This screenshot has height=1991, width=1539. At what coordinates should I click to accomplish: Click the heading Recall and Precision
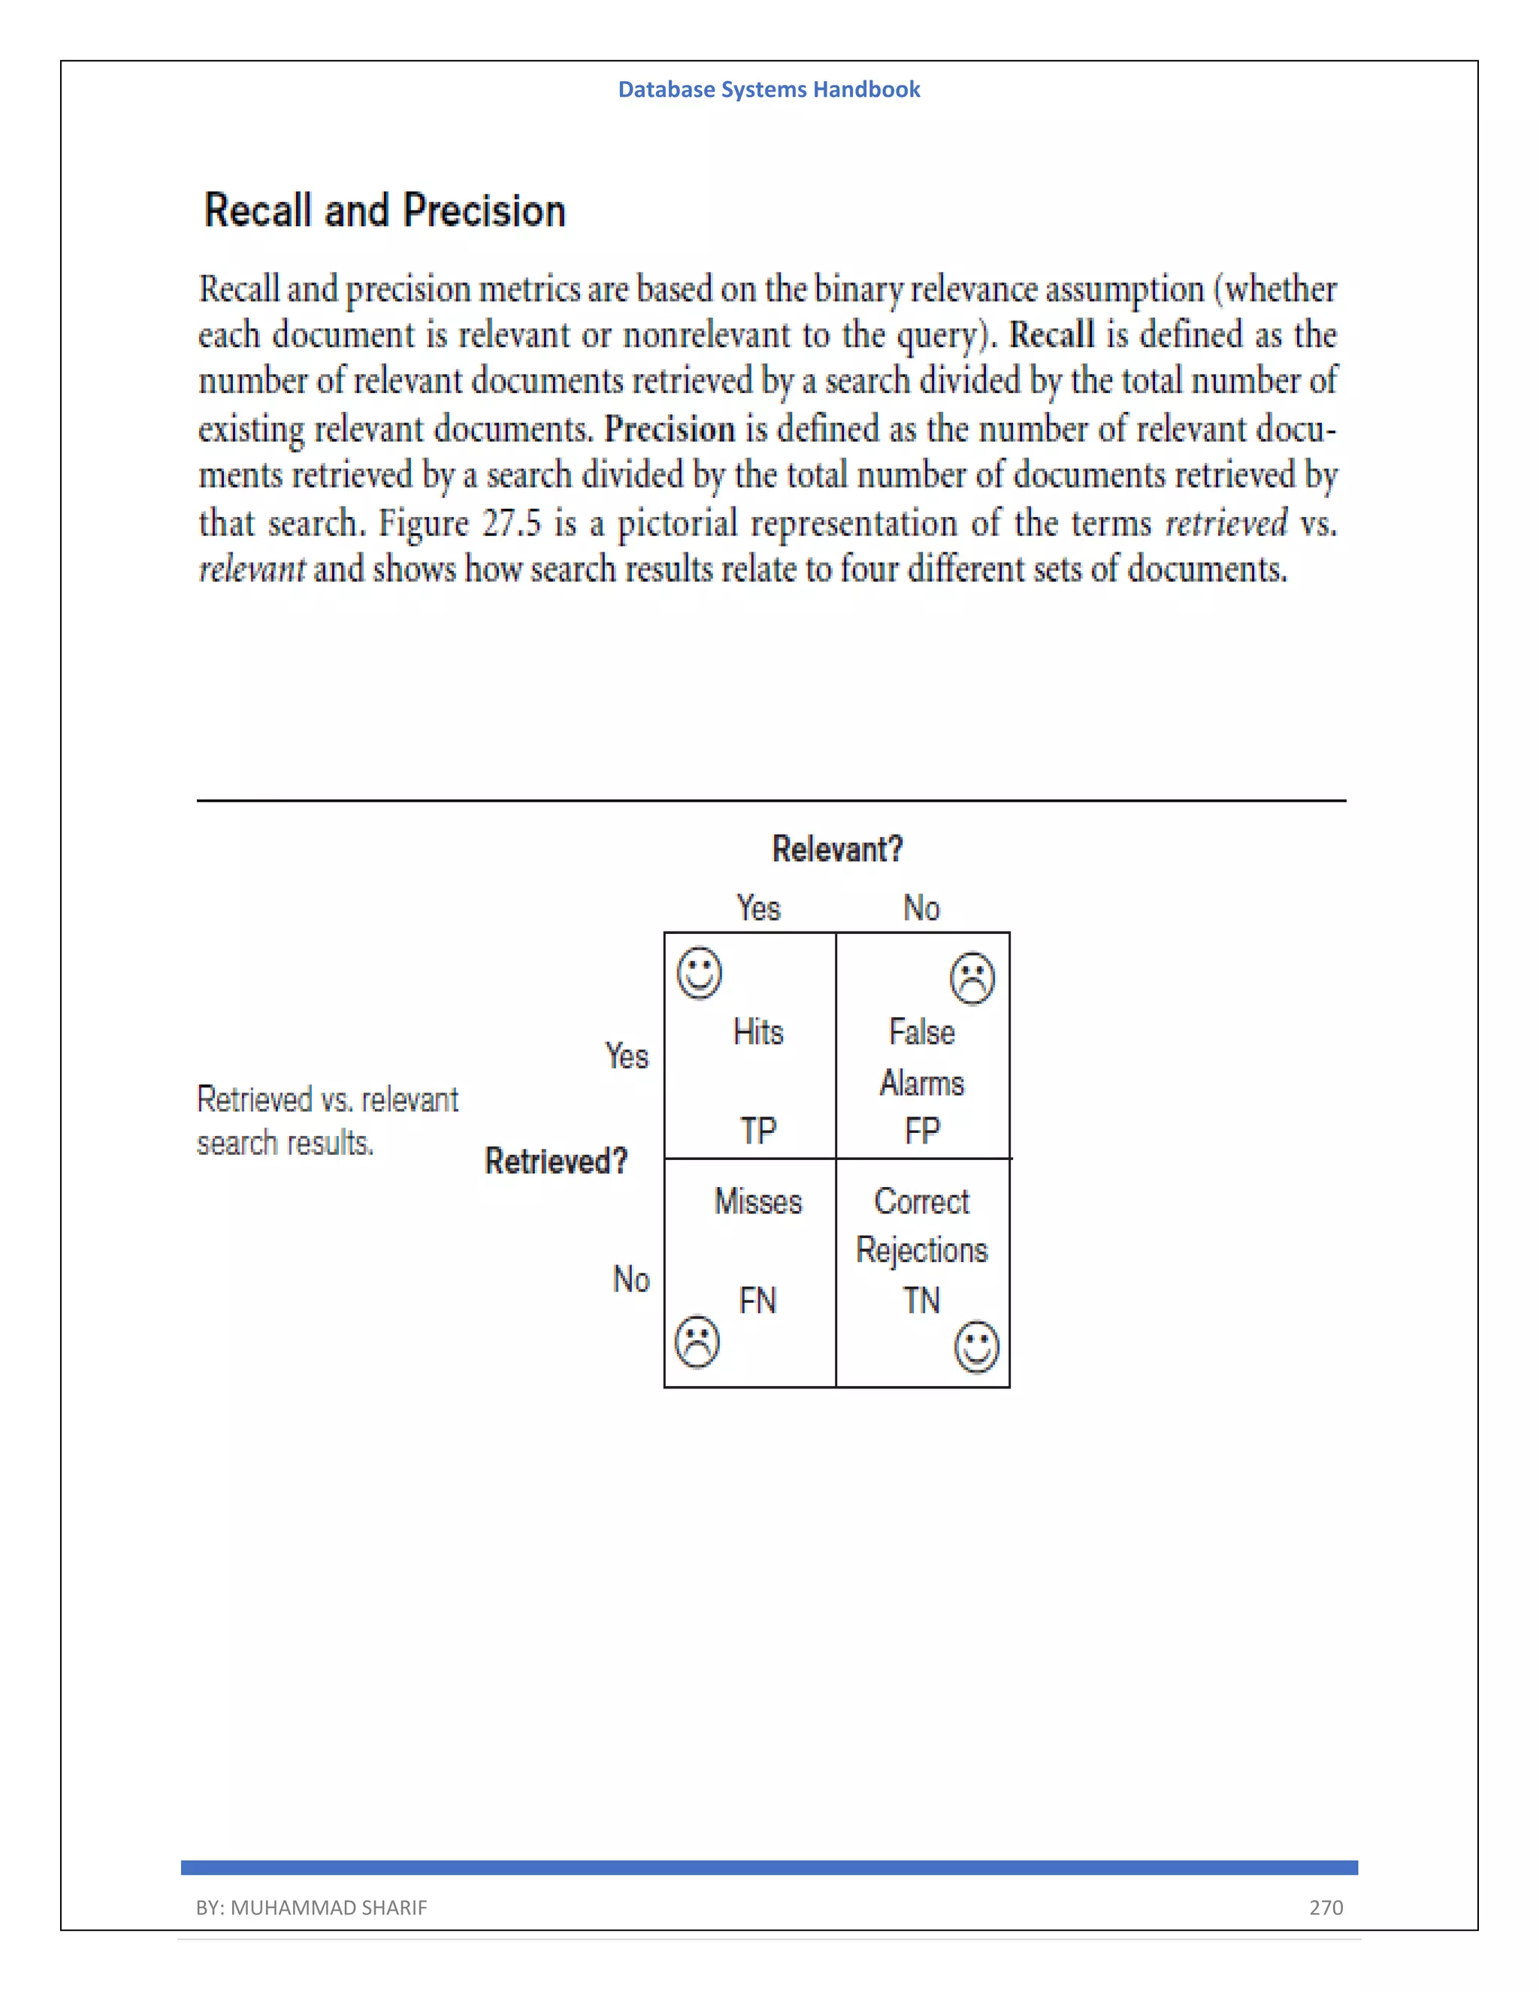click(385, 210)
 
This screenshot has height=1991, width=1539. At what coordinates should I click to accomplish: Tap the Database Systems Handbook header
click(769, 89)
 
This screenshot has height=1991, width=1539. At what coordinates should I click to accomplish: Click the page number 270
click(1326, 1907)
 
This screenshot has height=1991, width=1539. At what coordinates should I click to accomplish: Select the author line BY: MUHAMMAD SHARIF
click(311, 1907)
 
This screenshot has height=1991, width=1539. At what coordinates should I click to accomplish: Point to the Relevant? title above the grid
click(837, 849)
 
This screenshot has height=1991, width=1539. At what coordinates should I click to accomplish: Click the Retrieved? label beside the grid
click(556, 1161)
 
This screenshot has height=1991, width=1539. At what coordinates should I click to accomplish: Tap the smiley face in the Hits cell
click(700, 973)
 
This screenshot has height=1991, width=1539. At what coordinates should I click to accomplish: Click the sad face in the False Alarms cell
click(972, 978)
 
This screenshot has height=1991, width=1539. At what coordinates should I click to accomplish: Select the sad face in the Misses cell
click(697, 1341)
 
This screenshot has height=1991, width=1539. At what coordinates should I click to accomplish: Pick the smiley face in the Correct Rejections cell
click(976, 1346)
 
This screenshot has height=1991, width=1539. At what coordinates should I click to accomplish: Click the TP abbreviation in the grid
click(757, 1131)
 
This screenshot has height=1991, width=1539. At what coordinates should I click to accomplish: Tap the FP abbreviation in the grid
click(922, 1131)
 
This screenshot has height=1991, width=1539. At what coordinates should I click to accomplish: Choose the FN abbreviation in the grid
click(757, 1300)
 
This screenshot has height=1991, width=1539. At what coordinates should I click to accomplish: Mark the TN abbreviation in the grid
click(922, 1300)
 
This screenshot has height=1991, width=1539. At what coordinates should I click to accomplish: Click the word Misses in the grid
click(757, 1201)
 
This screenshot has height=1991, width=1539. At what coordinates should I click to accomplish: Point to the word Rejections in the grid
click(922, 1250)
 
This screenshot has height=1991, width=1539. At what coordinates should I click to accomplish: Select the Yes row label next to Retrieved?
click(627, 1056)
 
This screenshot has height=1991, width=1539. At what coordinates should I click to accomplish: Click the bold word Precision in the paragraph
click(670, 428)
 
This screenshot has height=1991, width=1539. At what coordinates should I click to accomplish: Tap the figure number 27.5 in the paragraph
click(512, 523)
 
